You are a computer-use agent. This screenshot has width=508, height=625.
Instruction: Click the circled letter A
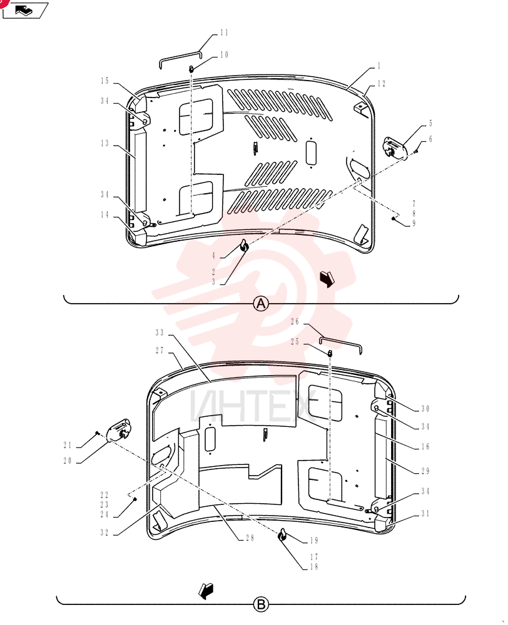pyautogui.click(x=261, y=304)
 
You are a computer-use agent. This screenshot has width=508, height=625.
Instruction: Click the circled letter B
pyautogui.click(x=261, y=604)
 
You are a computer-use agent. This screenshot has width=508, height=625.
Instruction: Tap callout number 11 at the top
pyautogui.click(x=224, y=32)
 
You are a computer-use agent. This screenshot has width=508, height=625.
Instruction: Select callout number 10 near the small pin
pyautogui.click(x=224, y=54)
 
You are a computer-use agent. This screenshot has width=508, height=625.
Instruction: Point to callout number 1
pyautogui.click(x=378, y=66)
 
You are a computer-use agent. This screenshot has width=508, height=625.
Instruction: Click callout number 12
pyautogui.click(x=382, y=83)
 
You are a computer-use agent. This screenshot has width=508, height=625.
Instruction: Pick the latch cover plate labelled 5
pyautogui.click(x=395, y=148)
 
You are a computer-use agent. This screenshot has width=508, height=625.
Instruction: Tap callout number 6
pyautogui.click(x=430, y=139)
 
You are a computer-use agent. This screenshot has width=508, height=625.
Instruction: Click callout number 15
pyautogui.click(x=104, y=81)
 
